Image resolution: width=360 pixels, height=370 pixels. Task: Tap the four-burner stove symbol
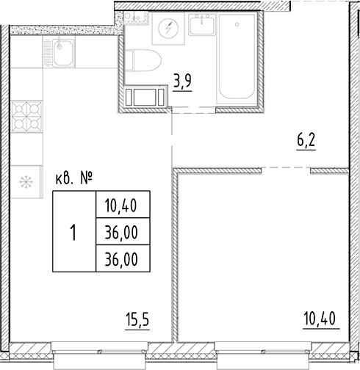click(x=28, y=115)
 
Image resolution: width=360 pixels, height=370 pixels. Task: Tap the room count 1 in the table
click(x=73, y=233)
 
